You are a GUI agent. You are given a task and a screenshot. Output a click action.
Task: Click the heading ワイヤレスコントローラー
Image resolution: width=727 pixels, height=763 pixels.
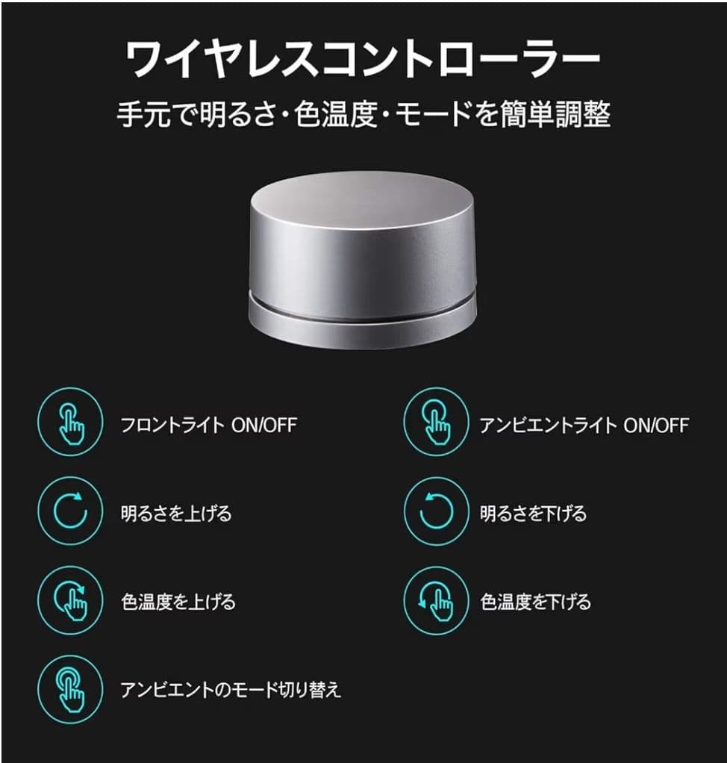pyautogui.click(x=363, y=59)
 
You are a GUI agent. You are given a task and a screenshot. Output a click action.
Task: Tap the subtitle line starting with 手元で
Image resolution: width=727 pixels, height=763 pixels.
pyautogui.click(x=363, y=114)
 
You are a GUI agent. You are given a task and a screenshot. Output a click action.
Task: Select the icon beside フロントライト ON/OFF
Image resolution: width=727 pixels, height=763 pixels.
pyautogui.click(x=71, y=422)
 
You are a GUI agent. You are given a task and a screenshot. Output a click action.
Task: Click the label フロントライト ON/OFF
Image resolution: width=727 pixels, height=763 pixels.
pyautogui.click(x=209, y=426)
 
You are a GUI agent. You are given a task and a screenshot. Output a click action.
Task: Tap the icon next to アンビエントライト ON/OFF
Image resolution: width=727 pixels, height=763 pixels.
pyautogui.click(x=437, y=422)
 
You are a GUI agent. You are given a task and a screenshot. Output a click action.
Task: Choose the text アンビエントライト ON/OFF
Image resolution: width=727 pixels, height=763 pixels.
pyautogui.click(x=584, y=426)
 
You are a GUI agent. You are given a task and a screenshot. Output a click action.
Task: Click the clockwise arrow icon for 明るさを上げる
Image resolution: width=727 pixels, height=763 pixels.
pyautogui.click(x=71, y=511)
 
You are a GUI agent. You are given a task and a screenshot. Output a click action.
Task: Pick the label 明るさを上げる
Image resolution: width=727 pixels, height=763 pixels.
pyautogui.click(x=176, y=514)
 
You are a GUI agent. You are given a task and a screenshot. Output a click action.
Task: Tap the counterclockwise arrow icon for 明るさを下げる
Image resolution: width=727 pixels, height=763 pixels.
pyautogui.click(x=437, y=511)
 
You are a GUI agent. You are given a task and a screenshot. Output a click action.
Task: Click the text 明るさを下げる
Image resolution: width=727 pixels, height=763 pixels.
pyautogui.click(x=534, y=514)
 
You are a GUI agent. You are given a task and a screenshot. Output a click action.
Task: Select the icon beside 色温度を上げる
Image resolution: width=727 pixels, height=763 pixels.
pyautogui.click(x=71, y=600)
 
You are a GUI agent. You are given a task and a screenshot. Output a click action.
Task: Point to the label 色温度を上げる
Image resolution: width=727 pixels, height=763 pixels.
pyautogui.click(x=178, y=602)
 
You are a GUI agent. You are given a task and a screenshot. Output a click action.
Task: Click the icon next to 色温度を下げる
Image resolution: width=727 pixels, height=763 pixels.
pyautogui.click(x=437, y=600)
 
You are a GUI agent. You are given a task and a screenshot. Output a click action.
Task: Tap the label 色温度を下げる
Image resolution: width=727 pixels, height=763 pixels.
pyautogui.click(x=535, y=602)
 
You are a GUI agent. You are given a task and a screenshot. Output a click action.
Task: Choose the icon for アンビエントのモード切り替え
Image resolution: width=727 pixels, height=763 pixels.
pyautogui.click(x=71, y=690)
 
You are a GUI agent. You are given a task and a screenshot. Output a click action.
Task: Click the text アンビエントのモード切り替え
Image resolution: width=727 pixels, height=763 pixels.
pyautogui.click(x=231, y=690)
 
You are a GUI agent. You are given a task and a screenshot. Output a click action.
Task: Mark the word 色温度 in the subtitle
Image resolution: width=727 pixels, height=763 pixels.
pyautogui.click(x=336, y=114)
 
